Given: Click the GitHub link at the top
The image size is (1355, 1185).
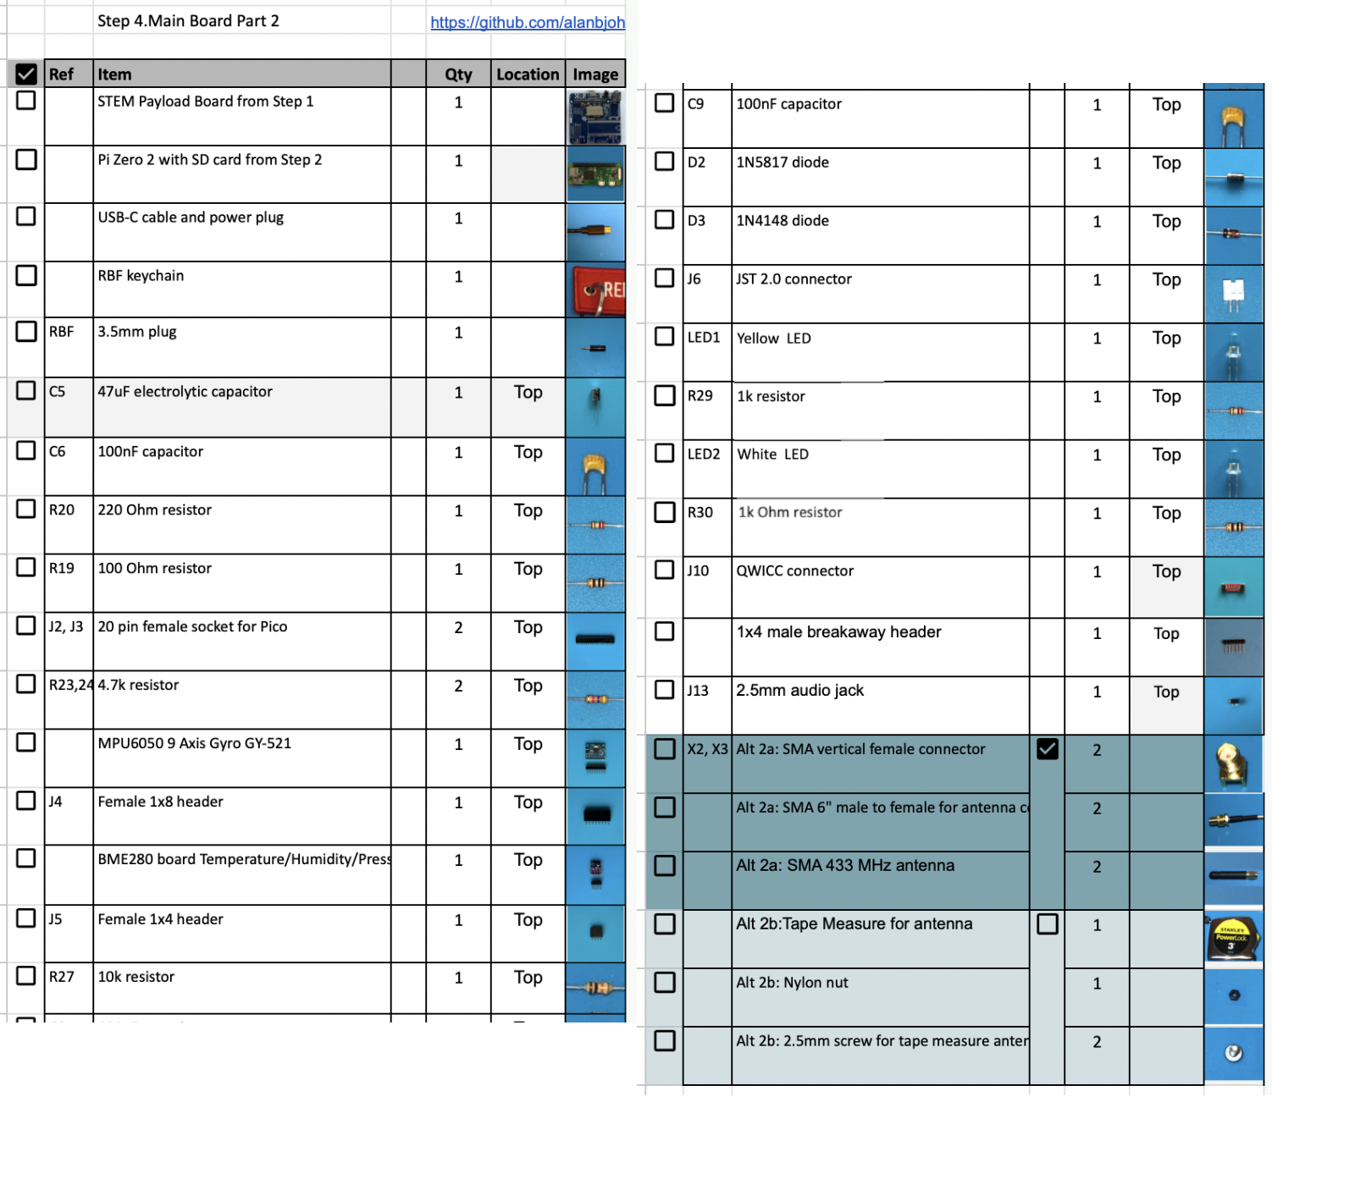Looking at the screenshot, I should [x=527, y=23].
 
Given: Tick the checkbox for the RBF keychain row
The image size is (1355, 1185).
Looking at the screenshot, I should [x=26, y=275].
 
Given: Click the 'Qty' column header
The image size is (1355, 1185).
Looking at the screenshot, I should [x=458, y=74].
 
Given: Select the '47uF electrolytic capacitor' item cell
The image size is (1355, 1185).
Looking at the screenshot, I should [x=185, y=392].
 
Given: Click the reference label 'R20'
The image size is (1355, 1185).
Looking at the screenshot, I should [x=62, y=510].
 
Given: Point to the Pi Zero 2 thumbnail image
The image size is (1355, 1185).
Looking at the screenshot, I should [x=595, y=174].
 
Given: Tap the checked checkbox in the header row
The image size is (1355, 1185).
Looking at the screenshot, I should [x=26, y=74].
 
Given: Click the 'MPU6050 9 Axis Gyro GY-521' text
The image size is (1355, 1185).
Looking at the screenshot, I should [x=194, y=743].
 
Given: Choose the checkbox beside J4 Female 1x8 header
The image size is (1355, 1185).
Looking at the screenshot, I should [x=26, y=801].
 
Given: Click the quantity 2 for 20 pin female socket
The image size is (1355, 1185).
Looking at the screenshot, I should [x=458, y=627].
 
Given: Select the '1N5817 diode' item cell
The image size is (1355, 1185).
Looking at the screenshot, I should [x=783, y=163].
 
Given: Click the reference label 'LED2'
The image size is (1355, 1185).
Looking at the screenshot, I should [x=704, y=455].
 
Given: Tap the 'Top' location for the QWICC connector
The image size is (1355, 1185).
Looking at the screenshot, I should [x=1166, y=571].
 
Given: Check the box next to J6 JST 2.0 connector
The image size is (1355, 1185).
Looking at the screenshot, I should [x=665, y=278].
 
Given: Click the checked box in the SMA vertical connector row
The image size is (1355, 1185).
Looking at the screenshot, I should [x=1048, y=749].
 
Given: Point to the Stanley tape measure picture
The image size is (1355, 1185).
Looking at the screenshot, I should [x=1233, y=938].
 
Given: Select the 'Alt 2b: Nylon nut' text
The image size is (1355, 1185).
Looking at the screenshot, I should [x=792, y=983].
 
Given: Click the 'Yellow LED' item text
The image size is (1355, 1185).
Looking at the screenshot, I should [x=773, y=339].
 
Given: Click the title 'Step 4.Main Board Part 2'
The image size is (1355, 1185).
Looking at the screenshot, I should [x=188, y=21].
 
